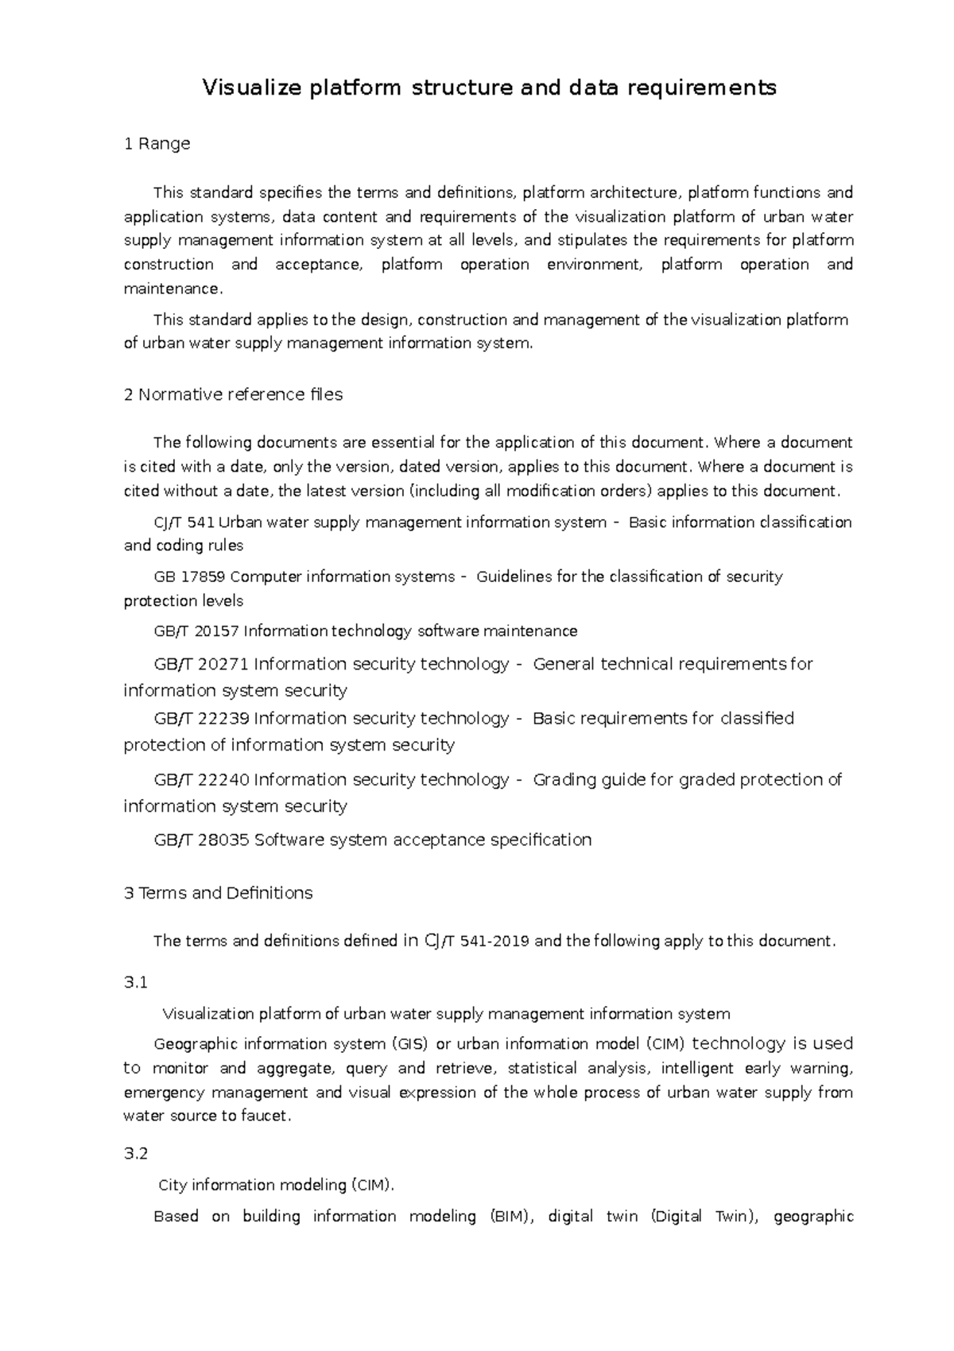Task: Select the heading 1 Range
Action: tap(157, 144)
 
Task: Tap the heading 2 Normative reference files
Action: tap(233, 394)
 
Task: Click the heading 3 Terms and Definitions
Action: tap(219, 893)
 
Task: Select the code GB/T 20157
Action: tap(196, 631)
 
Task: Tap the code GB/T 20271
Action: tap(201, 664)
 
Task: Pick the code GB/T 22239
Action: tap(201, 719)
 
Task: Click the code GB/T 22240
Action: tap(201, 780)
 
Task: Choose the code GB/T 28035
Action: tap(201, 840)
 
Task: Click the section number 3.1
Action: tap(136, 983)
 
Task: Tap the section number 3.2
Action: tap(136, 1154)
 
